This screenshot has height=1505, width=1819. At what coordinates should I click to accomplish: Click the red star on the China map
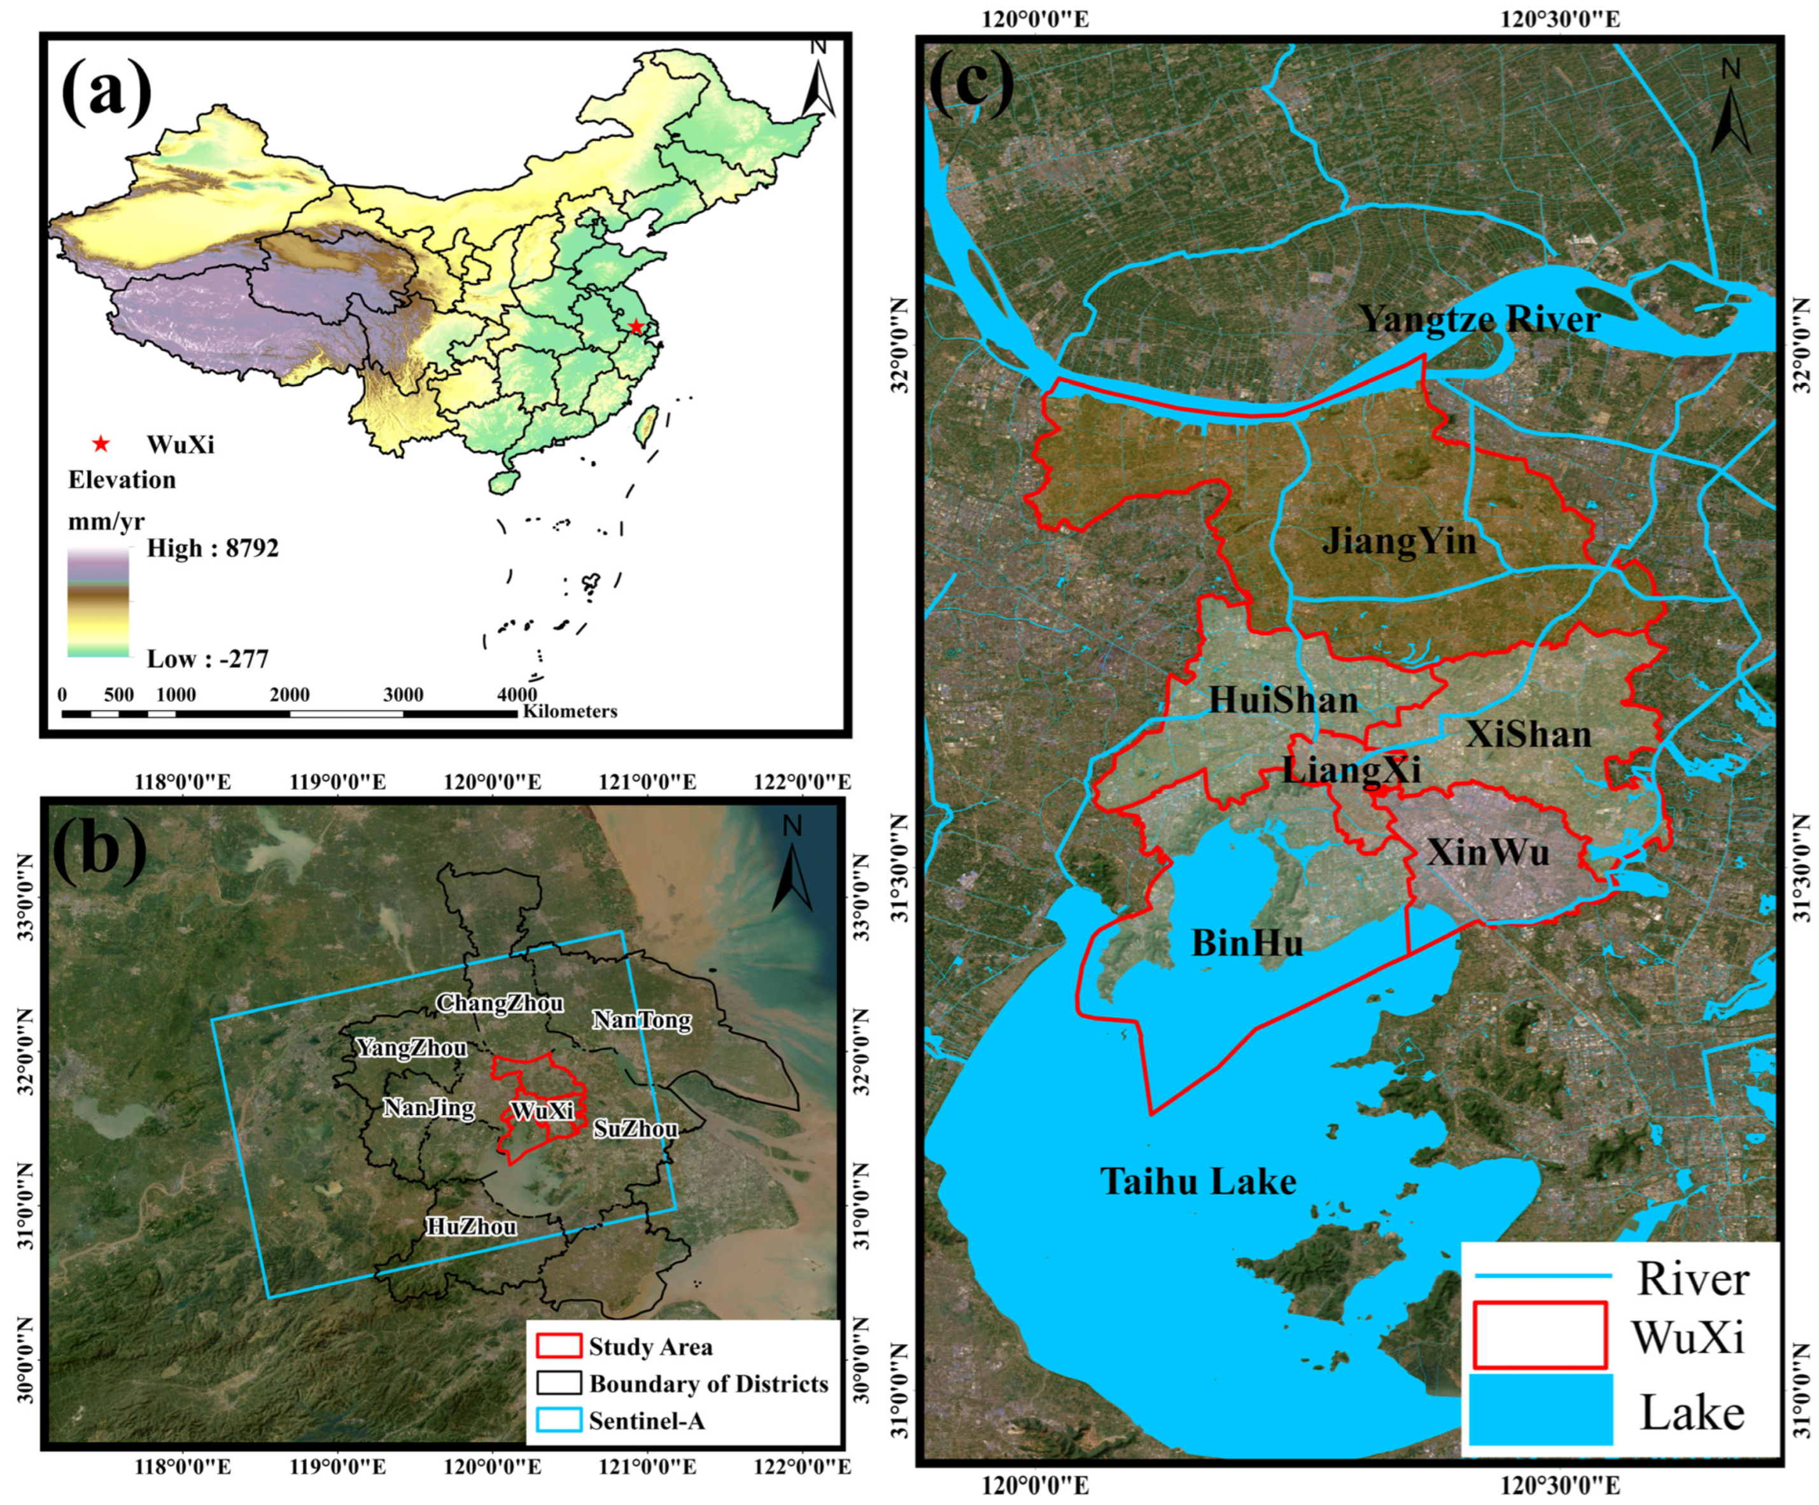coord(636,326)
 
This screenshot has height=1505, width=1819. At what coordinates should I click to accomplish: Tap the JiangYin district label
coord(1398,541)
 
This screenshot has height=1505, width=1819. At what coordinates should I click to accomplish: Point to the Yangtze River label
coord(1478,319)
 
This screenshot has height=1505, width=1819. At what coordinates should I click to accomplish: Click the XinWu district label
coord(1487,853)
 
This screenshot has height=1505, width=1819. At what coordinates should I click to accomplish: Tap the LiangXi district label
coord(1351,769)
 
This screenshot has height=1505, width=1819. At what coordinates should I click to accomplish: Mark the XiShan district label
coord(1528,734)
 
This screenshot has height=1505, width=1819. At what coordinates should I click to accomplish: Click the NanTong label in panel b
coord(641,1020)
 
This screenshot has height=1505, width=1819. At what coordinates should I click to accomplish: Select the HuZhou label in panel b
coord(471,1226)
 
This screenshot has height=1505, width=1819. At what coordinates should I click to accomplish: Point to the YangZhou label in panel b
coord(411,1048)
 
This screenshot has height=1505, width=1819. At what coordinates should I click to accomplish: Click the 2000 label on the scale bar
coord(290,695)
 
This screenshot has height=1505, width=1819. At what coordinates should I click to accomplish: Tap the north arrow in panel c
coord(1731,107)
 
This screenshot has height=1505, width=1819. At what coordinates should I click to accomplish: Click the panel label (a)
coord(106,91)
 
